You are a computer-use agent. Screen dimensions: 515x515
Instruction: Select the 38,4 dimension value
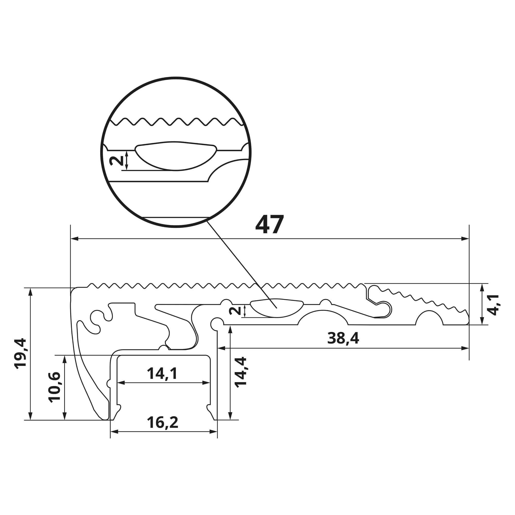pyautogui.click(x=343, y=338)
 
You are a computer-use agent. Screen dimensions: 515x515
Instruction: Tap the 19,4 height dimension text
pyautogui.click(x=21, y=354)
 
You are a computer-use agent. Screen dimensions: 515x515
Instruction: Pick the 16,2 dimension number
pyautogui.click(x=162, y=423)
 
